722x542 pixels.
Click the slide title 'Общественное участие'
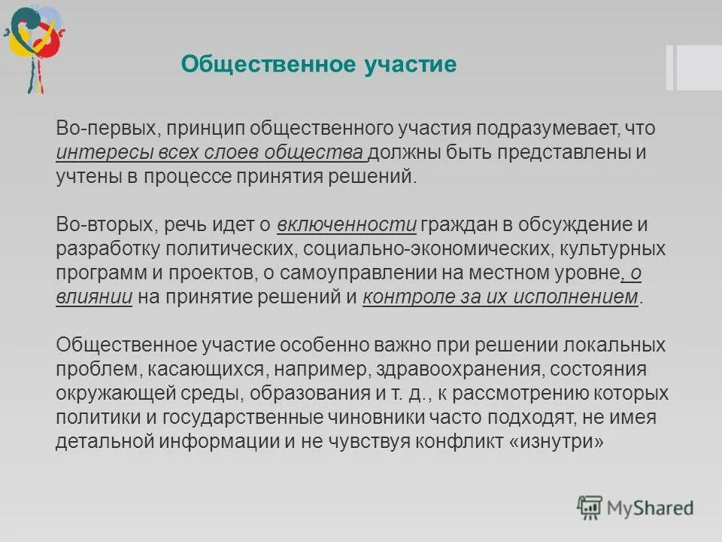pos(318,65)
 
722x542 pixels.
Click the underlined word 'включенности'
pos(346,225)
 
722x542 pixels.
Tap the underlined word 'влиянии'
pos(94,297)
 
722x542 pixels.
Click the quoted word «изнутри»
pos(557,442)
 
